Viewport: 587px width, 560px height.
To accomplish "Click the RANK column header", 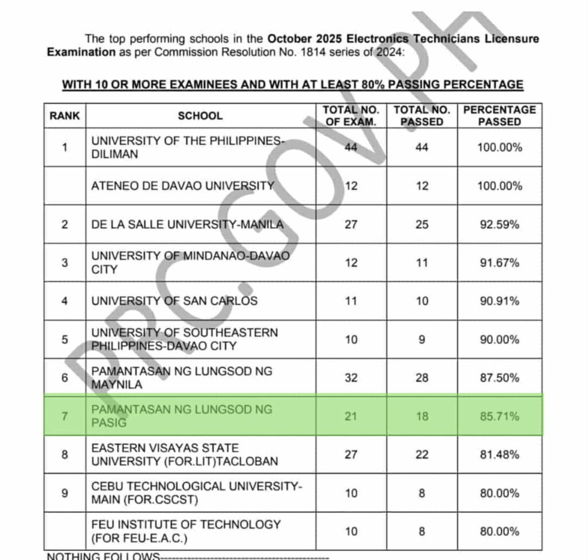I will point(65,115).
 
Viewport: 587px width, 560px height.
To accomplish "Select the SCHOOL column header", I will point(200,115).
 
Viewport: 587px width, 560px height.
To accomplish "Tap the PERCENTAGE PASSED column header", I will point(499,115).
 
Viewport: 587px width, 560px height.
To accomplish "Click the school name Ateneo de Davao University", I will point(182,186).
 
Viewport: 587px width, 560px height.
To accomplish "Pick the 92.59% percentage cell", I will point(499,224).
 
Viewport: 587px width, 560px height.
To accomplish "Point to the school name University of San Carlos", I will point(174,301).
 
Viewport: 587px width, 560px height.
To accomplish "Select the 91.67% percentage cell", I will point(499,263).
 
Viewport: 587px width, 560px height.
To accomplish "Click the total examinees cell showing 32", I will point(351,378).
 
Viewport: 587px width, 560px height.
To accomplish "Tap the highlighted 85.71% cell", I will point(499,416).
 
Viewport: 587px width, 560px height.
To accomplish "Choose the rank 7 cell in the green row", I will point(65,416).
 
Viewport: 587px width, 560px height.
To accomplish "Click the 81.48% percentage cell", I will point(499,454).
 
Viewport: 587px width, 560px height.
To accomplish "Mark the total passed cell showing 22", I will point(422,454).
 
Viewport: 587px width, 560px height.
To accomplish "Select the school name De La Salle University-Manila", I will point(187,224).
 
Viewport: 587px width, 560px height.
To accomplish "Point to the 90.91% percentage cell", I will point(499,301).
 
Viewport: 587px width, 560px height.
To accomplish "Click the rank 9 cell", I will point(65,493).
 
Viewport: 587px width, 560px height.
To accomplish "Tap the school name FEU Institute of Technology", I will point(186,524).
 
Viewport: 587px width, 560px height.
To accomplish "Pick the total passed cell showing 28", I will point(422,378).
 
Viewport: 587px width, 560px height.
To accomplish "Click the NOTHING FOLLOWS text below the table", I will point(103,556).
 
